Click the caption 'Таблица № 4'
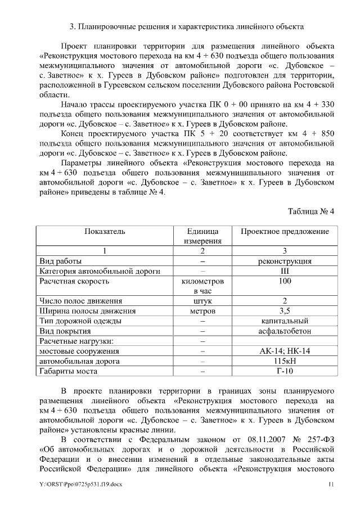pyautogui.click(x=311, y=211)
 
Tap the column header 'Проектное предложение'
pyautogui.click(x=285, y=231)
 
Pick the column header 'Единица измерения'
pyautogui.click(x=202, y=236)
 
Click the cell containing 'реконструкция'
pyautogui.click(x=285, y=261)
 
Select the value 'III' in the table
pyautogui.click(x=285, y=271)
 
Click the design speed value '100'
pyautogui.click(x=285, y=281)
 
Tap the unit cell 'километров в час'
pyautogui.click(x=202, y=286)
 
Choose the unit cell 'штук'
pyautogui.click(x=202, y=301)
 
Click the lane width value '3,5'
pyautogui.click(x=285, y=310)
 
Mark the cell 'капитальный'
pyautogui.click(x=285, y=321)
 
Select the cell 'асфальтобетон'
pyautogui.click(x=285, y=331)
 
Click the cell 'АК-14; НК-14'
pyautogui.click(x=285, y=351)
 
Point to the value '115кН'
pyautogui.click(x=285, y=361)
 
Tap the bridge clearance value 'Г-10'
pyautogui.click(x=285, y=371)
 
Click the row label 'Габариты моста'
pyautogui.click(x=67, y=371)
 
